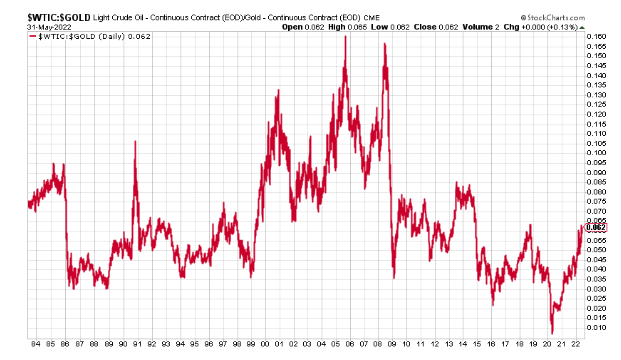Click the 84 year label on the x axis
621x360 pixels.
[x=37, y=345]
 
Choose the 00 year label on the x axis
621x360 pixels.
[x=263, y=345]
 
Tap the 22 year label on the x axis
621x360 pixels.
[x=576, y=345]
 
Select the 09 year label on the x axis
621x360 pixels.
[x=392, y=345]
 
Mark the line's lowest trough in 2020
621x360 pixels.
[x=551, y=333]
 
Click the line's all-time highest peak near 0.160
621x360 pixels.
[x=345, y=38]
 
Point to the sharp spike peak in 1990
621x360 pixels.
[x=134, y=141]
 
